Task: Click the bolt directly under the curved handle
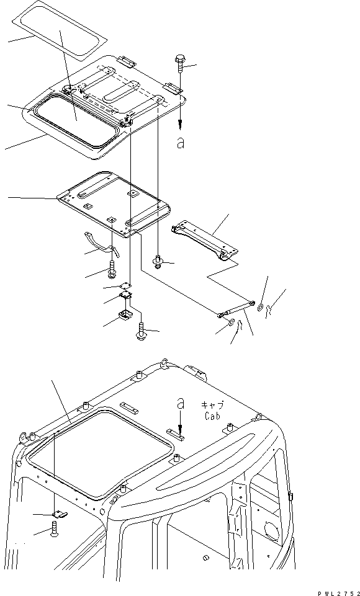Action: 112,270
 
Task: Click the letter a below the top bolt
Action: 181,143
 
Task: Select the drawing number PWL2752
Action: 335,591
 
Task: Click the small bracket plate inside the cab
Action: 58,513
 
